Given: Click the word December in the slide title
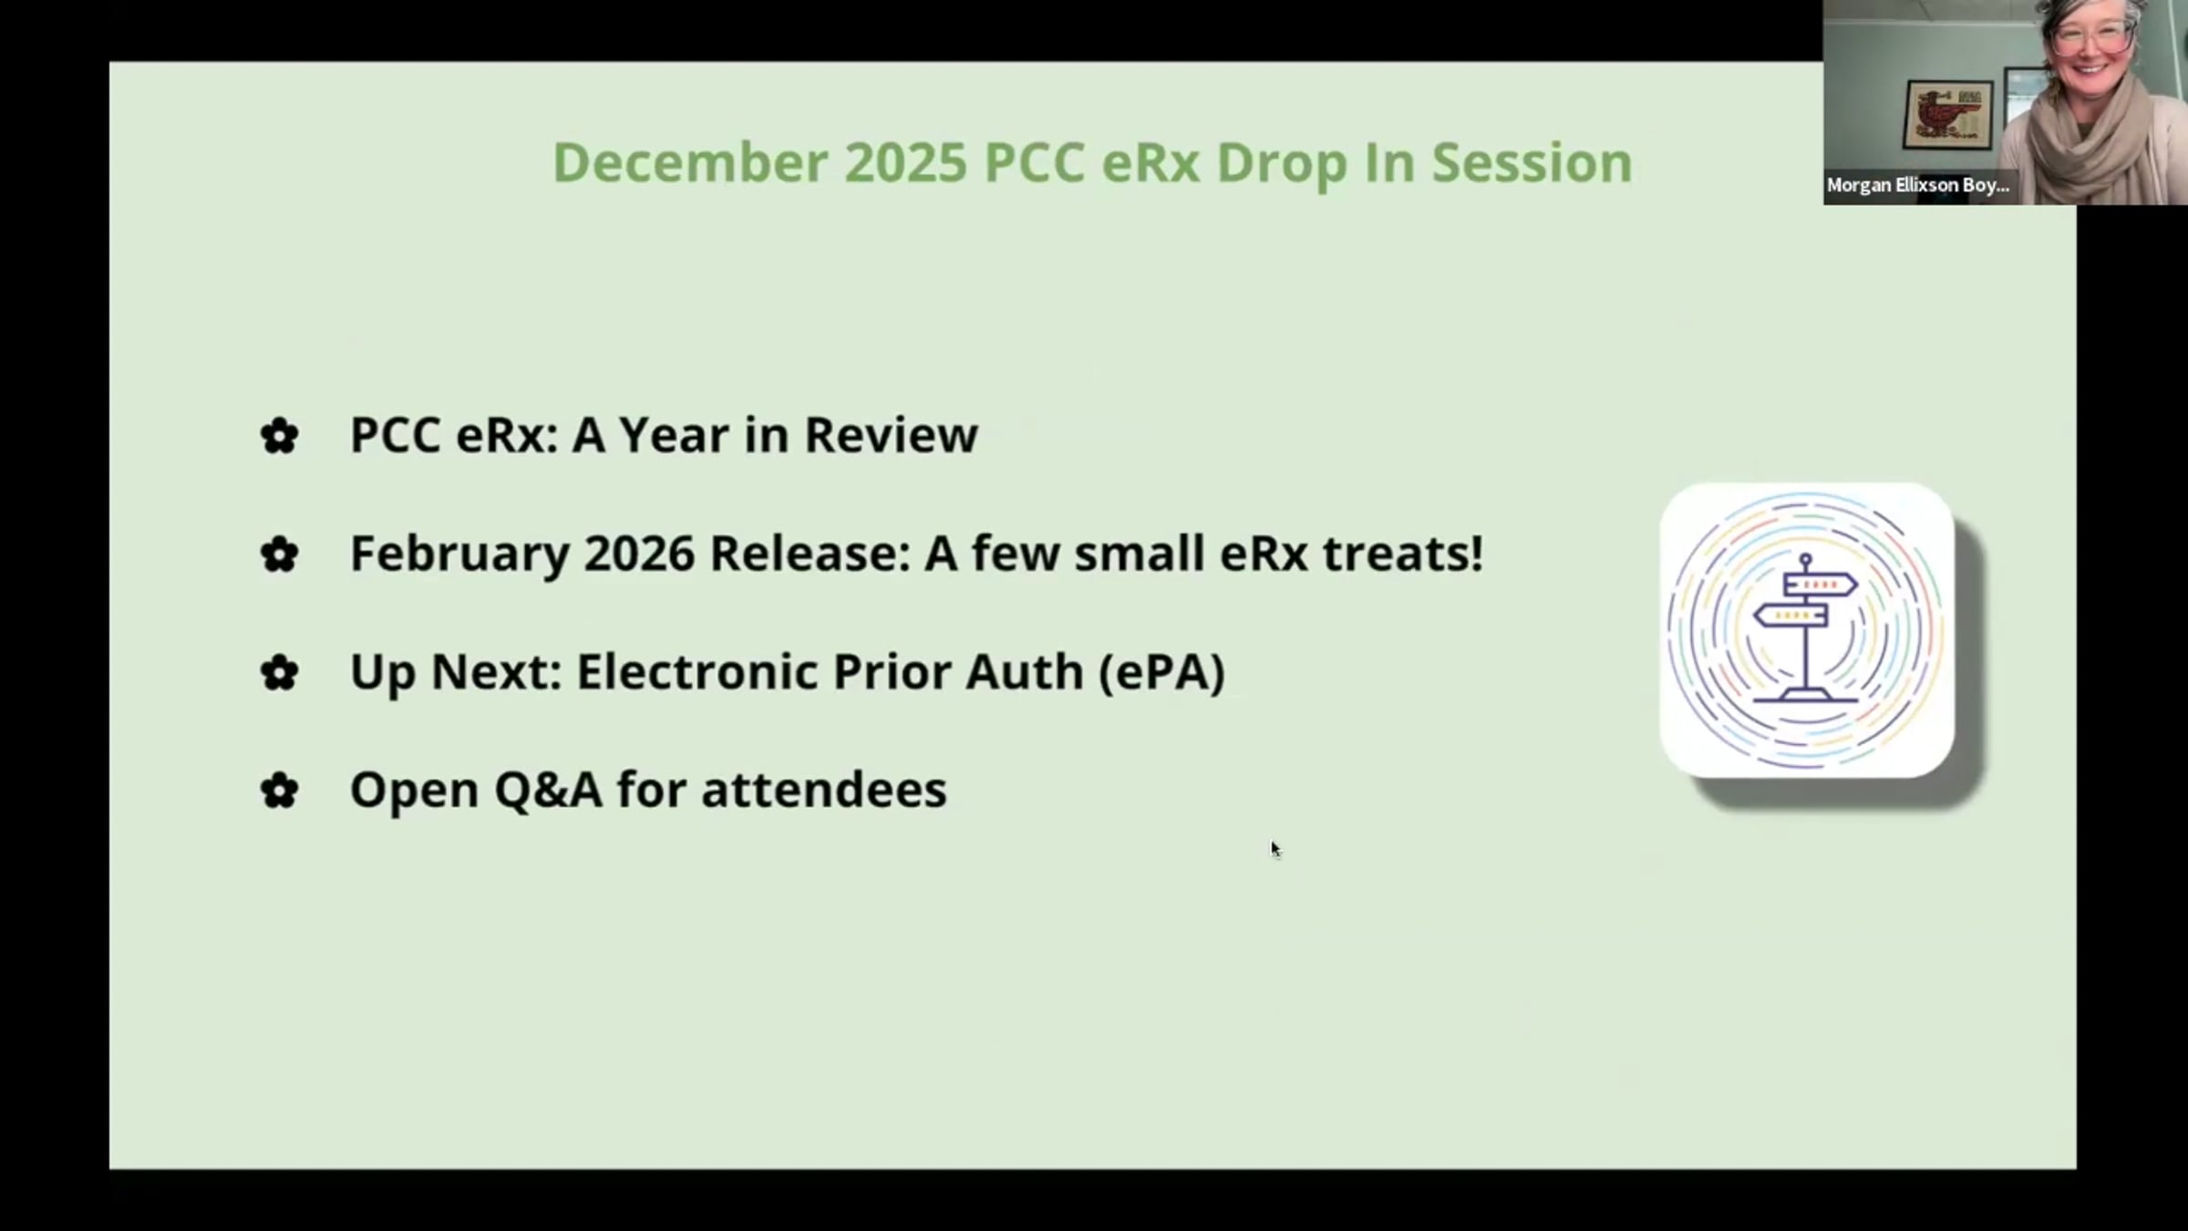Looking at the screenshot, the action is pyautogui.click(x=690, y=162).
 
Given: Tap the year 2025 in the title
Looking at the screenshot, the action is pyautogui.click(x=905, y=162).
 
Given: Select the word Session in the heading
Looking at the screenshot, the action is pyautogui.click(x=1532, y=162).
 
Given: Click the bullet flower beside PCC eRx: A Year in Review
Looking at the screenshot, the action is pyautogui.click(x=279, y=436).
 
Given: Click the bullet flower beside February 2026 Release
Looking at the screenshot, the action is pyautogui.click(x=279, y=554).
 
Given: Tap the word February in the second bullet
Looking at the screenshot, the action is pyautogui.click(x=460, y=554).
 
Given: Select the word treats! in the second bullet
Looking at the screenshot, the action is pyautogui.click(x=1403, y=553).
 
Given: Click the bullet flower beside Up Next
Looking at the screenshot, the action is pyautogui.click(x=279, y=673).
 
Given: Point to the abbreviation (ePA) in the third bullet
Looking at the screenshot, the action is pyautogui.click(x=1161, y=672).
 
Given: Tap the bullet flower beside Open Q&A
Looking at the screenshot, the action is pyautogui.click(x=279, y=791).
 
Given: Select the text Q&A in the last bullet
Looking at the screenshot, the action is pyautogui.click(x=548, y=790).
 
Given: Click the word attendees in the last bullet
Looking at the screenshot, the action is pyautogui.click(x=824, y=790).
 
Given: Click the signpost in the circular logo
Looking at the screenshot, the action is pyautogui.click(x=1806, y=629).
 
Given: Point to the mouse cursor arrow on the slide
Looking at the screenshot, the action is pyautogui.click(x=1275, y=849).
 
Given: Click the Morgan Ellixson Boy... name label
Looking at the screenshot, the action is pyautogui.click(x=1918, y=185).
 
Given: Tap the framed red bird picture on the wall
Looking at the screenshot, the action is pyautogui.click(x=1947, y=115).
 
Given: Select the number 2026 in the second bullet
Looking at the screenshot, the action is pyautogui.click(x=639, y=553).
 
